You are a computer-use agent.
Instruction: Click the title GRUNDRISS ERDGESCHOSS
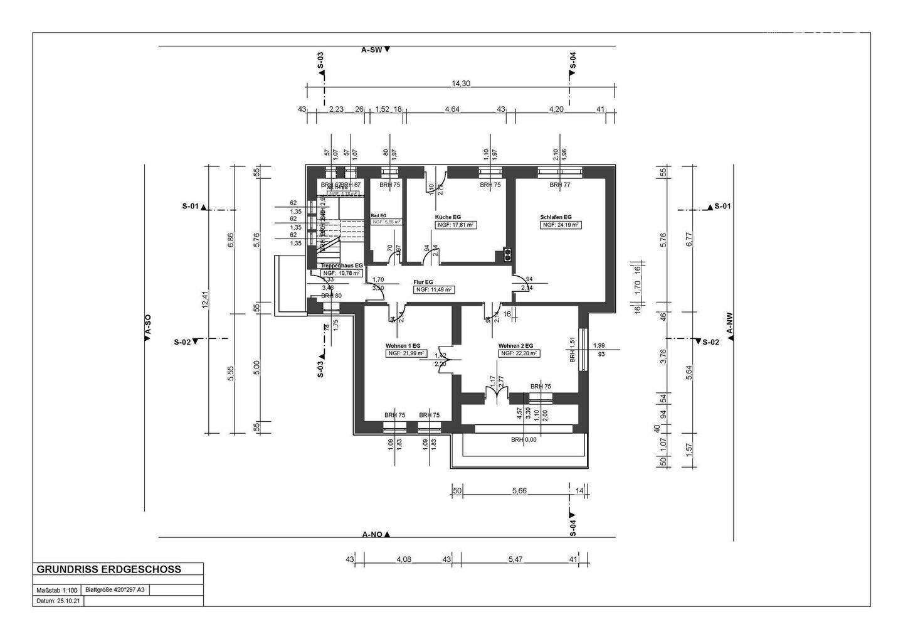pyautogui.click(x=108, y=569)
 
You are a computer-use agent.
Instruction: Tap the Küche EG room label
pyautogui.click(x=448, y=217)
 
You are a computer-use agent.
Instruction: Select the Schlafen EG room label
pyautogui.click(x=556, y=217)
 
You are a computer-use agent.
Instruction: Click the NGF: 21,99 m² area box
pyautogui.click(x=406, y=353)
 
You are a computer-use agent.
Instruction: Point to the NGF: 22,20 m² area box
pyautogui.click(x=519, y=353)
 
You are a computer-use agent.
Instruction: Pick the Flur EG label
pyautogui.click(x=423, y=282)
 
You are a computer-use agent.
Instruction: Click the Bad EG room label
pyautogui.click(x=379, y=215)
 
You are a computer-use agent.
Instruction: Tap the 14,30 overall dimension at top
pyautogui.click(x=460, y=83)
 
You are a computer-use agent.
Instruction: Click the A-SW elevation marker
pyautogui.click(x=375, y=50)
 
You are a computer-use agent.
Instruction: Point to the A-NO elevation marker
pyautogui.click(x=376, y=535)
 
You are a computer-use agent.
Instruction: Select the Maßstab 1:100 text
pyautogui.click(x=57, y=590)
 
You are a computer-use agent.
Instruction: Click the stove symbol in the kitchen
pyautogui.click(x=506, y=254)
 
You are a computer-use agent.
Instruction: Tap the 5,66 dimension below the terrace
pyautogui.click(x=519, y=491)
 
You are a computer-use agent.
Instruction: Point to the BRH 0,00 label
pyautogui.click(x=524, y=439)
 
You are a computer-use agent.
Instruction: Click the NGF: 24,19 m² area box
pyautogui.click(x=561, y=225)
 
